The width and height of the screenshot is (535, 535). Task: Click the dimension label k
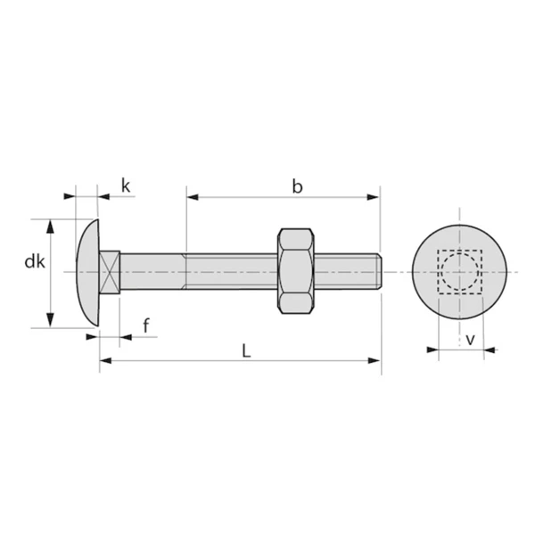click(126, 185)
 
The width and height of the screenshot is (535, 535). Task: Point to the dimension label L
click(246, 350)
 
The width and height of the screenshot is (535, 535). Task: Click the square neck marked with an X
click(109, 271)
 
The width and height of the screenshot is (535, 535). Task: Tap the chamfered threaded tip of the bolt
click(379, 271)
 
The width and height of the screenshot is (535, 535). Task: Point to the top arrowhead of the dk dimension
click(50, 225)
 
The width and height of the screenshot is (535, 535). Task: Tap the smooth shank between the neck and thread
click(152, 271)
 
